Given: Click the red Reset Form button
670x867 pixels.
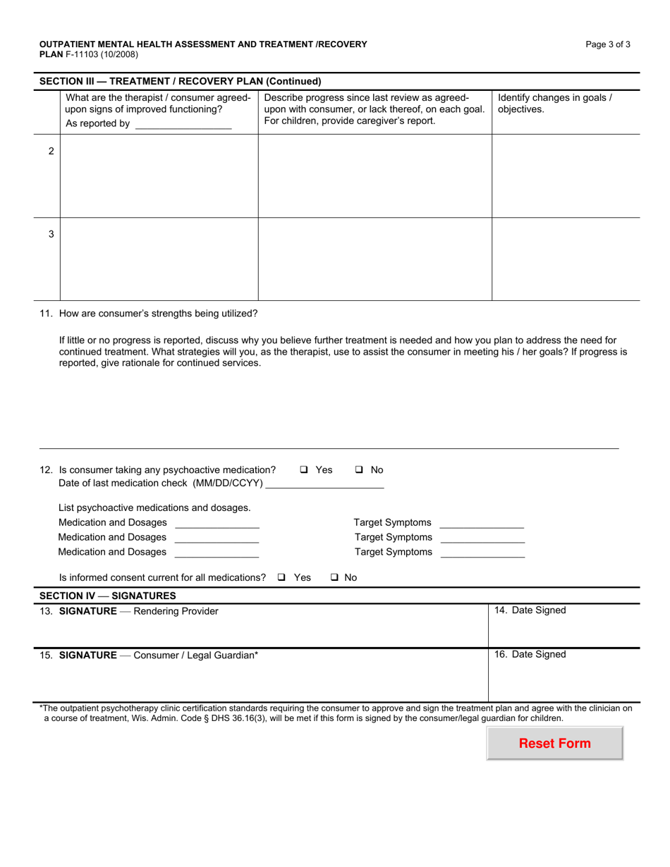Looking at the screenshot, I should pos(554,743).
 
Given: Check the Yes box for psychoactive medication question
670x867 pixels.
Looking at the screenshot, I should pos(303,470).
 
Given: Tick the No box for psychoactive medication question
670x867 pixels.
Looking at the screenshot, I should pos(359,470).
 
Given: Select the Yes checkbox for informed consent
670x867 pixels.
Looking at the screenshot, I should pos(281,577).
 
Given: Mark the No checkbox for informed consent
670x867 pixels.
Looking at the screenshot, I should pos(334,577).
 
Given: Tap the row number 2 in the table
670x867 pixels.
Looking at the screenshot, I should pos(51,151).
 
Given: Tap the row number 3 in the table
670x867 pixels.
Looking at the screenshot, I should pos(51,234).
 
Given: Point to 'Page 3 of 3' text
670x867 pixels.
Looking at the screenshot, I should pos(608,44).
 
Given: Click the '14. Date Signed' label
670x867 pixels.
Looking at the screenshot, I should pos(530,610).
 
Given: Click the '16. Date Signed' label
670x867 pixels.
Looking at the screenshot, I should pos(530,654).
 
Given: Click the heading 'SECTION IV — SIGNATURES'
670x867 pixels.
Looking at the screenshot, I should pos(108,596).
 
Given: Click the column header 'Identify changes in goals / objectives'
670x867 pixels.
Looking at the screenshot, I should pos(555,104).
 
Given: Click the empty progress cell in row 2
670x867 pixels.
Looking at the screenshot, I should pos(374,176).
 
